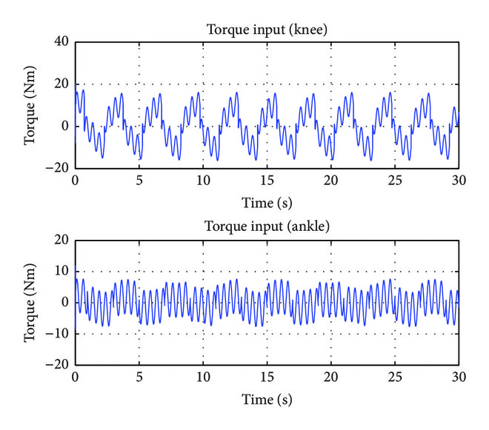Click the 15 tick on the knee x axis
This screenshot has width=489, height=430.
pyautogui.click(x=267, y=180)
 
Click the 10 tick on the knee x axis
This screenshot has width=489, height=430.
pyautogui.click(x=202, y=180)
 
